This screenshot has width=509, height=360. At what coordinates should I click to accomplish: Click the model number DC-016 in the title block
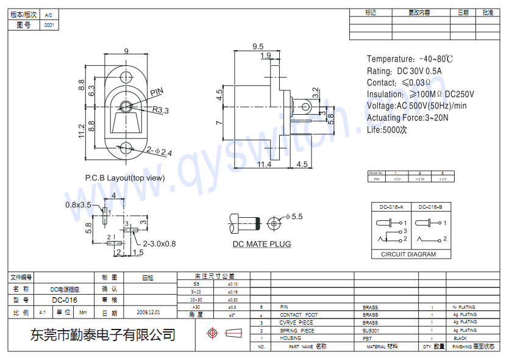pos(65,300)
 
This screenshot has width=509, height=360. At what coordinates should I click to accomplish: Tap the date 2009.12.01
pos(149,312)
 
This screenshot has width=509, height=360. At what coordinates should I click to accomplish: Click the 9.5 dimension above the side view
pos(257,46)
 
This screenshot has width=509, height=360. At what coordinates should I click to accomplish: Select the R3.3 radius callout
pos(160,110)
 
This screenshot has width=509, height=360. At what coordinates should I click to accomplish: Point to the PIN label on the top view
pos(157,92)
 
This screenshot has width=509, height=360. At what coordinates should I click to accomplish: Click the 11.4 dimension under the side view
pos(264,164)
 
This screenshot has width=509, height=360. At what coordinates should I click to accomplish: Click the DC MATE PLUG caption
pos(262,244)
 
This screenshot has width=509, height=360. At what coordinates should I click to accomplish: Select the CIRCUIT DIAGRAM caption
pos(408,254)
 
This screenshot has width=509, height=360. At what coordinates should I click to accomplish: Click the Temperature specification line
pos(410,59)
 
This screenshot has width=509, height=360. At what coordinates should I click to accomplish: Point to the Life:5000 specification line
pos(386,129)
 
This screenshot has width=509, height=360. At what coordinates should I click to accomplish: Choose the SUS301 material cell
pos(371,330)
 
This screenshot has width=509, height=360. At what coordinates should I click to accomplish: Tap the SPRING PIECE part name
pos(297,330)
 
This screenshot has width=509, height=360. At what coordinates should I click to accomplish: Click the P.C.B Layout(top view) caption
pos(125,178)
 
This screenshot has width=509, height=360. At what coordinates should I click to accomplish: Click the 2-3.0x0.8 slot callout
pos(151,243)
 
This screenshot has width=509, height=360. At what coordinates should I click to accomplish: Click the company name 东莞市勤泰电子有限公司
pos(103,335)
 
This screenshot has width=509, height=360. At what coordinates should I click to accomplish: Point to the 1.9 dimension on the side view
pos(266,56)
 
